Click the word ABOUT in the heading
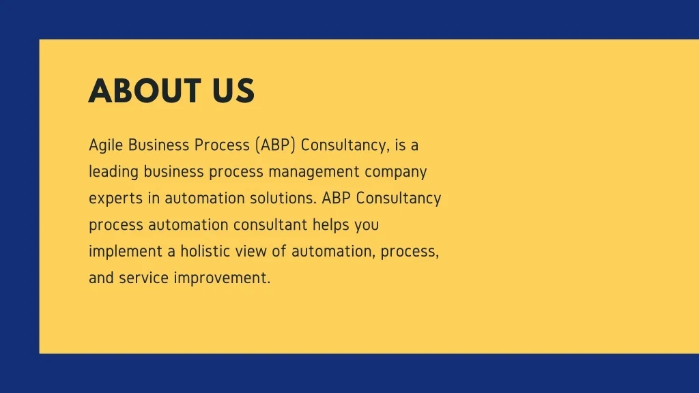(145, 91)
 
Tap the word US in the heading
(233, 91)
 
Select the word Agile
(106, 146)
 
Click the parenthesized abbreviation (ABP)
(276, 145)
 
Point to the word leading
(114, 172)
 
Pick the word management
(314, 172)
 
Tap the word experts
(115, 199)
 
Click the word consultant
(270, 224)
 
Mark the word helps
(331, 225)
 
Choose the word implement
(126, 252)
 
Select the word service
(143, 278)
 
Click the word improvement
(222, 278)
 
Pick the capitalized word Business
(158, 145)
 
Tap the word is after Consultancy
(400, 145)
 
